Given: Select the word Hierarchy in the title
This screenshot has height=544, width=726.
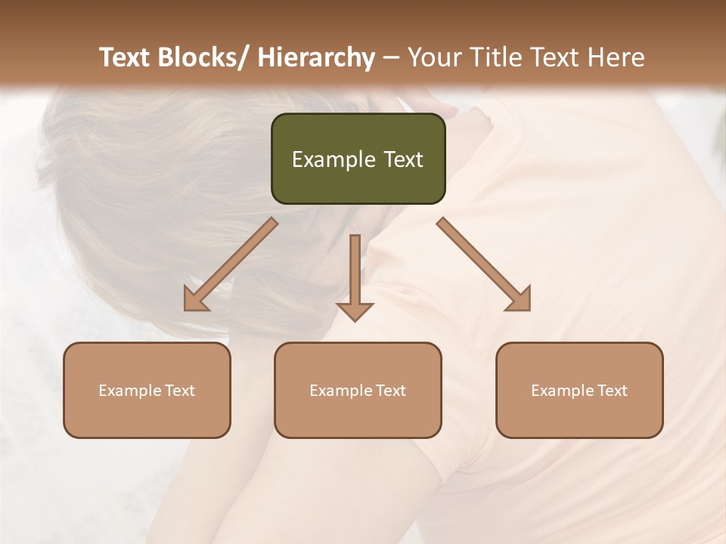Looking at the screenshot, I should click(x=316, y=57).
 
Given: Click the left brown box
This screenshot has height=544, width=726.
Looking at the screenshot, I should click(x=147, y=391).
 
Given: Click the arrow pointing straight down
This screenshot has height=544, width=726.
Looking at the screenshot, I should click(x=355, y=272).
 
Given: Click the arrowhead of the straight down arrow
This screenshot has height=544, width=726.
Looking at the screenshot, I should click(x=355, y=311).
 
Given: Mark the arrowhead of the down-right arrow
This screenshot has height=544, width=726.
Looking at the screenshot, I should click(x=520, y=301).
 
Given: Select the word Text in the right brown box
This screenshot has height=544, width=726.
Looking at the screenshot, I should click(x=611, y=391).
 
